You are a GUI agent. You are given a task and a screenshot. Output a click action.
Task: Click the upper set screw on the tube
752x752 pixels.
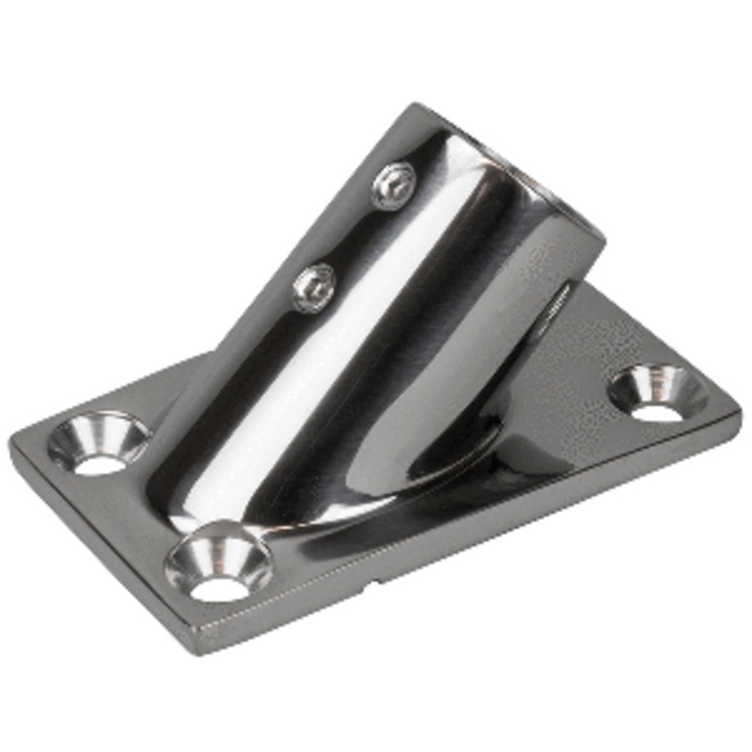[x=392, y=185]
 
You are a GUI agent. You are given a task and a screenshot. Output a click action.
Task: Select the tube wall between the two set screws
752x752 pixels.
[x=352, y=235]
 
